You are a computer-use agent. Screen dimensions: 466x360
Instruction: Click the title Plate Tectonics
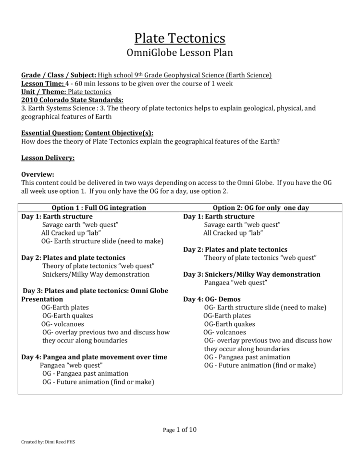coord(180,38)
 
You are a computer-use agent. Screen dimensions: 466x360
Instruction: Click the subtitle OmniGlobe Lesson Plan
coord(180,53)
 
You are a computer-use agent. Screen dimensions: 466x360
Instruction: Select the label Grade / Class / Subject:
coord(59,75)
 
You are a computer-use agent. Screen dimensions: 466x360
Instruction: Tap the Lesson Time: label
coord(43,83)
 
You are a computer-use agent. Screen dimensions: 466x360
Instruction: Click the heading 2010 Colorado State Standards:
coord(72,99)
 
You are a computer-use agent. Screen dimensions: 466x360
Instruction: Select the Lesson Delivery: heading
coord(48,158)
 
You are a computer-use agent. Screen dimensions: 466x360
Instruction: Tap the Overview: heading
coord(38,174)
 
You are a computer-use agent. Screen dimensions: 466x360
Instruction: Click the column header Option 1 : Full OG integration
coord(99,208)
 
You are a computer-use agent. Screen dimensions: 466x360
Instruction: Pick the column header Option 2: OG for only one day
coord(261,208)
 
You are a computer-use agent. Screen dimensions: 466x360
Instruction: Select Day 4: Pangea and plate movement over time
coord(94,357)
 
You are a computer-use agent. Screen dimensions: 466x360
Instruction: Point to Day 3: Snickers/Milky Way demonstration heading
coord(251,274)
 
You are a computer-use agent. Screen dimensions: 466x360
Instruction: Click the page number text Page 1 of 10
coord(180,429)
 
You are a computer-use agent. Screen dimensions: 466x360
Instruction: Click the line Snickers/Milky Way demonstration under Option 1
coord(96,274)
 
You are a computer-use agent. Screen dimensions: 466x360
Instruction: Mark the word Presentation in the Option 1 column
coord(42,299)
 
